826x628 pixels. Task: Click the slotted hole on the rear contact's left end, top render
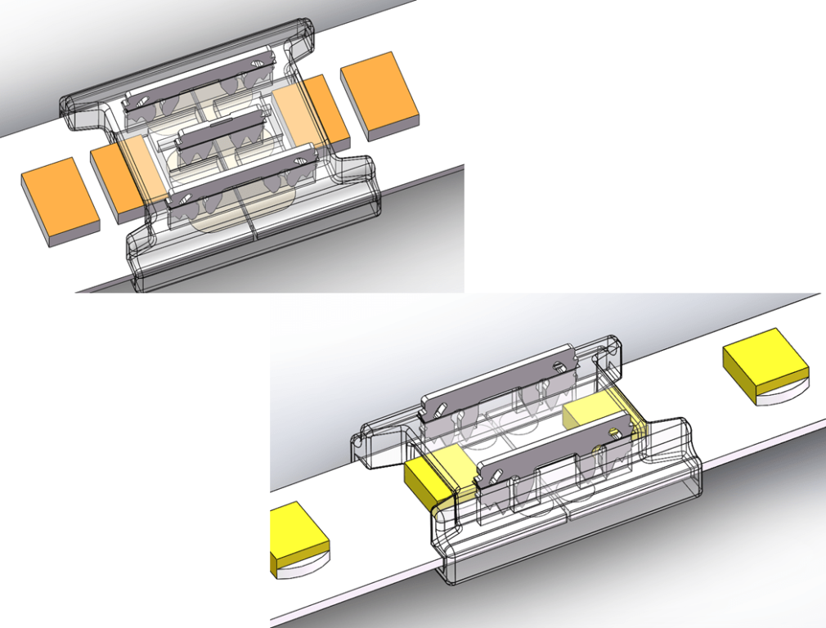point(141,101)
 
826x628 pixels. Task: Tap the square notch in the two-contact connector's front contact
point(613,432)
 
